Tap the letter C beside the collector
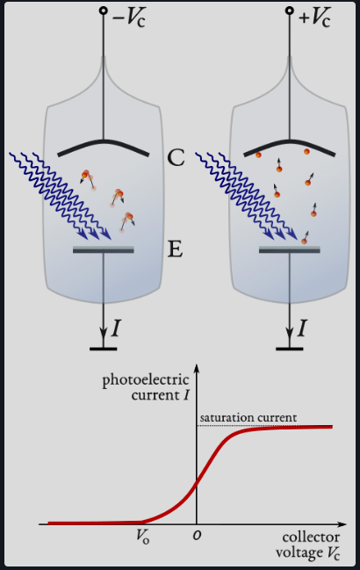[176, 159]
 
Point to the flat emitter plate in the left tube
[104, 250]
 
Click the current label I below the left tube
[116, 328]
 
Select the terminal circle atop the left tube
[104, 12]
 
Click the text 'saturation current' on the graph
[248, 416]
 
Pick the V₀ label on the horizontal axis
[142, 536]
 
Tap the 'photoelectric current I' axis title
[145, 387]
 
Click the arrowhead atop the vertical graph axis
[197, 369]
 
